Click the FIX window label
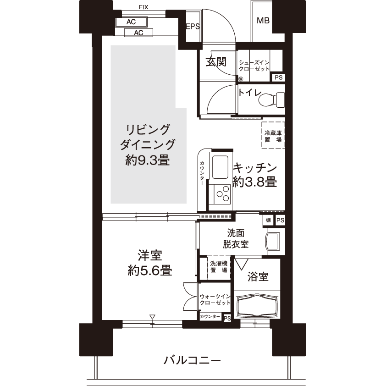[x=143, y=7]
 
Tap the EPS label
[x=193, y=26]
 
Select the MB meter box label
[x=263, y=21]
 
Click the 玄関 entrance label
[x=216, y=62]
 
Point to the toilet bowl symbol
[x=271, y=99]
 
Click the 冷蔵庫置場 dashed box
[x=273, y=135]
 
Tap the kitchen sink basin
[x=220, y=167]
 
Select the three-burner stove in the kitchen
[x=222, y=194]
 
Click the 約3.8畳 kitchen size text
[x=255, y=182]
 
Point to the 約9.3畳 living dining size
[x=148, y=160]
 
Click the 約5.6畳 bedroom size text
[x=150, y=271]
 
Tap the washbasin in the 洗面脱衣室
[x=273, y=242]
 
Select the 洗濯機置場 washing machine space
[x=219, y=267]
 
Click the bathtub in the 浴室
[x=257, y=305]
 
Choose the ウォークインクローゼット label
[x=215, y=299]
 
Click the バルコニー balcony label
[x=192, y=361]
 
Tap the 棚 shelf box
[x=268, y=220]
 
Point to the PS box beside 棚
[x=280, y=220]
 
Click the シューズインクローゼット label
[x=254, y=66]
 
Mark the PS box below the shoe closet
[x=278, y=77]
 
